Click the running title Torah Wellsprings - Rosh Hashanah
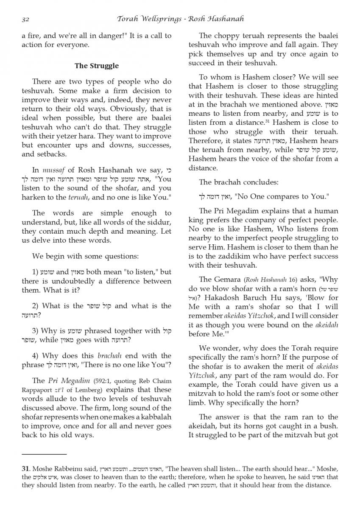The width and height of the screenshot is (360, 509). pyautogui.click(x=180, y=19)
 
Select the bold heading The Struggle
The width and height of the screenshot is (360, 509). pyautogui.click(x=97, y=66)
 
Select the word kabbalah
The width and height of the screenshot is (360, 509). pyautogui.click(x=156, y=417)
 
